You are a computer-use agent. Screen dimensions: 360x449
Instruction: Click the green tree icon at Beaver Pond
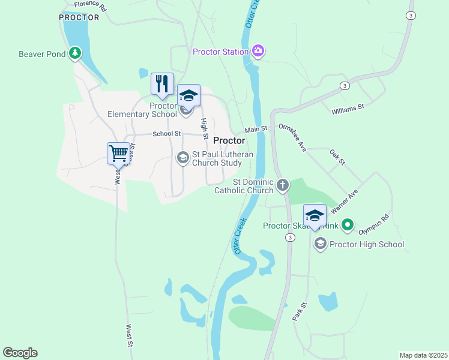pos(75,54)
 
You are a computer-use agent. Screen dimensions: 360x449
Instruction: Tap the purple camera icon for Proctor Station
pos(258,52)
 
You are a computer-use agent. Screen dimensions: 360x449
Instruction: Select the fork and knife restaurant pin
pos(162,84)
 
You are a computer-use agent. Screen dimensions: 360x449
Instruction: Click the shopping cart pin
pos(119,153)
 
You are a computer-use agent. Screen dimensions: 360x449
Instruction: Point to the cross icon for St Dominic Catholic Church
pos(283,186)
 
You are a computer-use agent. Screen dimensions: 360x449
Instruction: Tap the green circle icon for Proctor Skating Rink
pos(347,226)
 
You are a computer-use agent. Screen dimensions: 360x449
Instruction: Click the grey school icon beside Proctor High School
pos(320,244)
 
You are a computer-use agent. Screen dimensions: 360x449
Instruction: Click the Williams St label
pos(348,109)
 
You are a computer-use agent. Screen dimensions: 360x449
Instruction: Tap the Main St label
pos(255,130)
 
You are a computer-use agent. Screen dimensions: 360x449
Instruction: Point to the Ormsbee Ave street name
pos(293,137)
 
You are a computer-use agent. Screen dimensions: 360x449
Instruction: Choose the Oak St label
pos(338,158)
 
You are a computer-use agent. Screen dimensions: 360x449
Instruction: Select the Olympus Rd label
pos(373,224)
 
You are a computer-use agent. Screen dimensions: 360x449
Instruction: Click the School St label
pos(166,134)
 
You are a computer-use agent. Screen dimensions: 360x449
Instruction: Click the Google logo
pos(20,353)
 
